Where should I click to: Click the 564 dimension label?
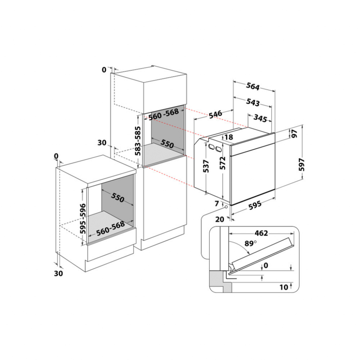pos(253,87)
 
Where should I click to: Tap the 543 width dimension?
pos(253,102)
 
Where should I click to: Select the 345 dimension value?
pos(260,118)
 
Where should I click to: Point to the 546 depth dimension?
pos(215,114)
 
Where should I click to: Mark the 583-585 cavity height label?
pos(138,141)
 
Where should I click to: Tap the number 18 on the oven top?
pos(229,137)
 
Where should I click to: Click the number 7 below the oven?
pos(217,204)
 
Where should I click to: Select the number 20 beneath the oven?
pos(220,219)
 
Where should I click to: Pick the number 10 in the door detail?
pos(284,287)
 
